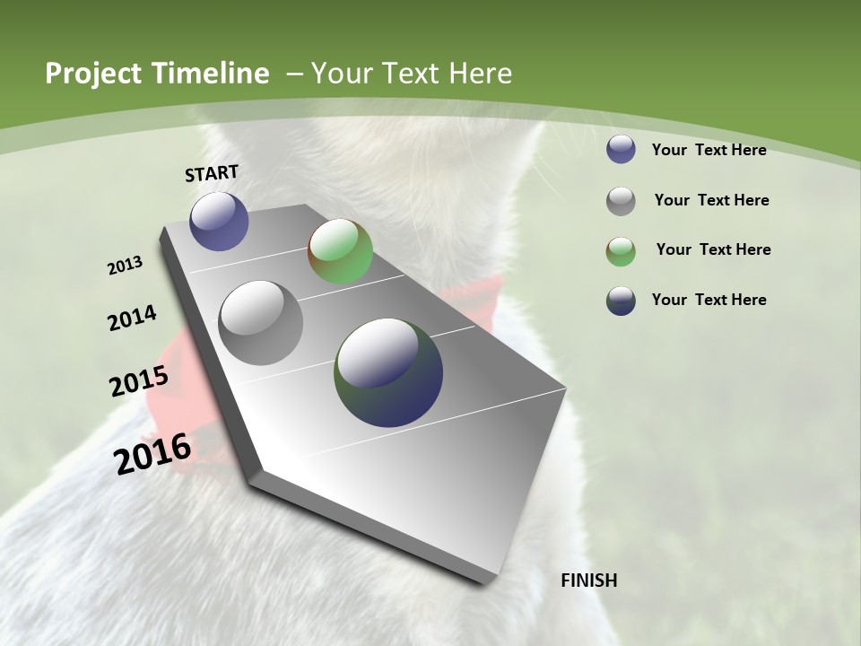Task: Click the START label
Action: click(x=212, y=173)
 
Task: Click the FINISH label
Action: click(x=588, y=581)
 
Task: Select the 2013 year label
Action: click(x=126, y=266)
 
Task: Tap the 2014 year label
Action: click(x=132, y=319)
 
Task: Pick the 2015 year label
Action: click(x=139, y=381)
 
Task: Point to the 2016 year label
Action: click(x=152, y=454)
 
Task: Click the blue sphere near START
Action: click(x=219, y=221)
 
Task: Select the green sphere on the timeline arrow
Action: click(x=340, y=251)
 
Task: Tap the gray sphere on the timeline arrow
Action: click(x=260, y=323)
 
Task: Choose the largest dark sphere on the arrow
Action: click(x=388, y=372)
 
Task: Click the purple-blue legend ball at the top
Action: click(x=621, y=150)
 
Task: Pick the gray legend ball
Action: click(x=621, y=201)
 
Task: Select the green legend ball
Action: click(x=621, y=251)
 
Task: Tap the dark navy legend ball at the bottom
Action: click(x=621, y=301)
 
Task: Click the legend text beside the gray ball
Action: click(x=711, y=200)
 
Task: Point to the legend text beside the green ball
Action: click(x=713, y=249)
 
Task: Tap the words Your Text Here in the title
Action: click(x=411, y=74)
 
